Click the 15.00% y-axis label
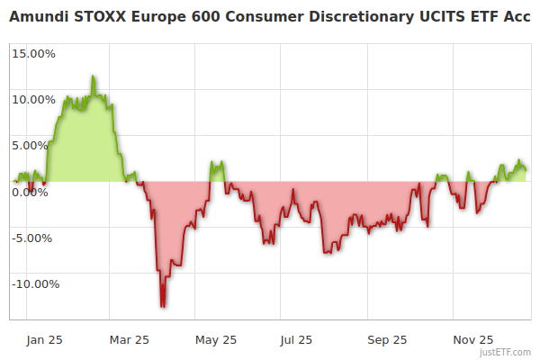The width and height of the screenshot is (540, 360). pos(34,53)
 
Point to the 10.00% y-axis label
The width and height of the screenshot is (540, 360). pos(34,99)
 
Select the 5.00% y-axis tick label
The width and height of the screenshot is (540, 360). pos(37,145)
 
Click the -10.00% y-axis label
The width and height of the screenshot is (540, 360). pos(33,284)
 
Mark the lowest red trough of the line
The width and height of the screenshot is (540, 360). pos(162,307)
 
